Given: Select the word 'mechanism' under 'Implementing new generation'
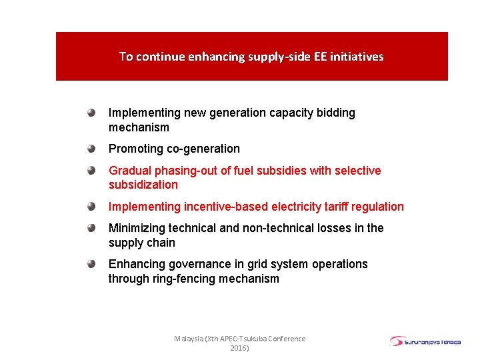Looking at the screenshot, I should coord(139,127).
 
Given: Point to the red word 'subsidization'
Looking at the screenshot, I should coord(143,185).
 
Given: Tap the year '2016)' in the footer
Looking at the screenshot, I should coord(239,348).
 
